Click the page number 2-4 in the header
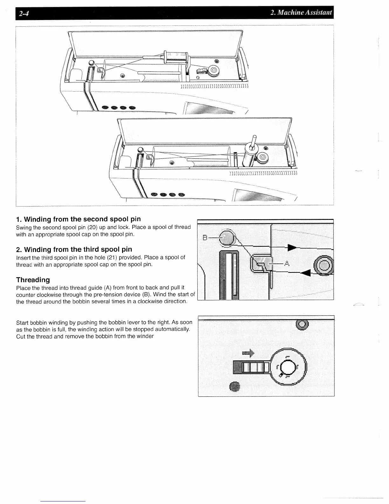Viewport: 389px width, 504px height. (23, 13)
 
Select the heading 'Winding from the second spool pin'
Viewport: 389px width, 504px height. (82, 219)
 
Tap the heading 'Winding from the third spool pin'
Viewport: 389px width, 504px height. (78, 249)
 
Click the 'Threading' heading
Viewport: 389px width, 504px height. (33, 280)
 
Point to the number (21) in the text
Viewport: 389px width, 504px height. (107, 257)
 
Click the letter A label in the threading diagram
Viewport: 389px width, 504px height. (287, 263)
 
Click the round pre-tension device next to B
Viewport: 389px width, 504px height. (227, 237)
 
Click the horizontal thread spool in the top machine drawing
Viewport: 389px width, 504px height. (175, 57)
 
